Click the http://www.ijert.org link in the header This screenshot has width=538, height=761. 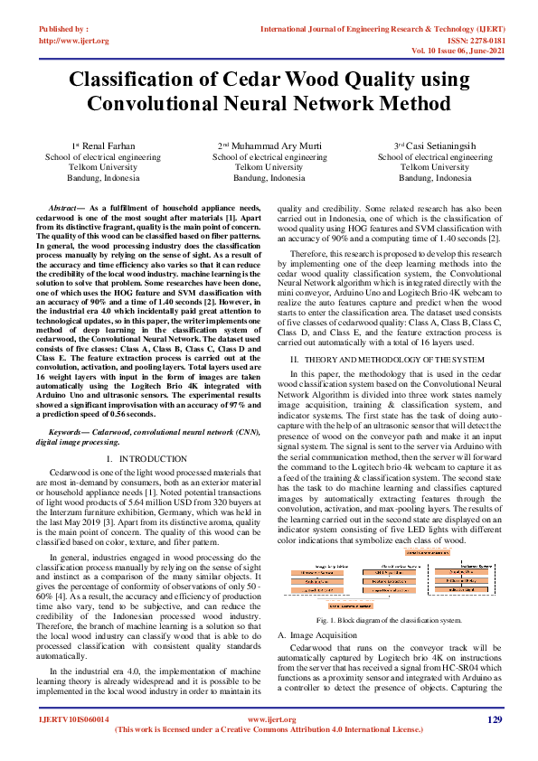pyautogui.click(x=73, y=41)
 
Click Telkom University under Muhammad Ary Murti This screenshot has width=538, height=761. pyautogui.click(x=269, y=167)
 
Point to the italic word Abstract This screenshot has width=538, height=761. pyautogui.click(x=64, y=208)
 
